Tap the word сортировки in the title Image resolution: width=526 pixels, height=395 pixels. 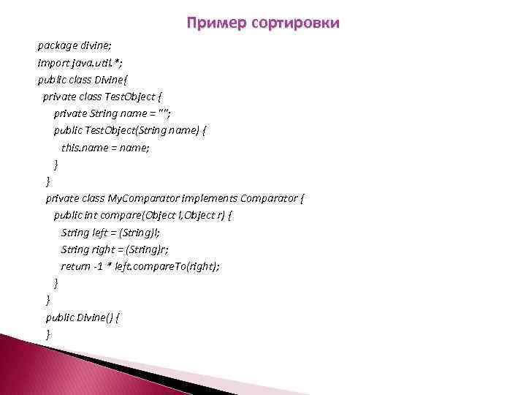295,24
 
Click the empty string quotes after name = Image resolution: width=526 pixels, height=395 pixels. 175,113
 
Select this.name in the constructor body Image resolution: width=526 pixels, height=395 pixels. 86,146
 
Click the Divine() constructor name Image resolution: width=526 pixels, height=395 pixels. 96,317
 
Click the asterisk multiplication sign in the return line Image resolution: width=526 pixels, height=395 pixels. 109,266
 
